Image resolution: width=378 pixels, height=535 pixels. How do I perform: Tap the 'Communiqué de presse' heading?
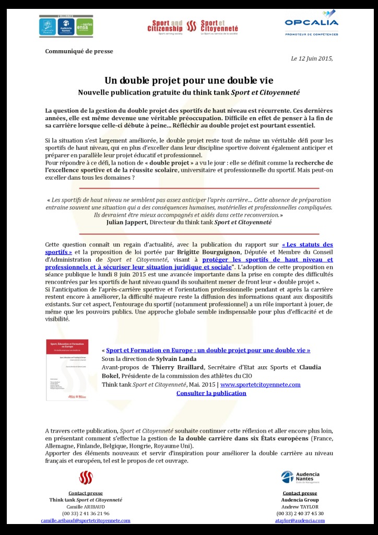click(79, 51)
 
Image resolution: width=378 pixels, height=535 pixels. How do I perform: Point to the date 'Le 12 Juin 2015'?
click(311, 58)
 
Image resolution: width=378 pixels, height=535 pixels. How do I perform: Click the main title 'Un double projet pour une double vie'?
click(188, 80)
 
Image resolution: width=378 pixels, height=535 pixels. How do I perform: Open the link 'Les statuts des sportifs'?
click(307, 245)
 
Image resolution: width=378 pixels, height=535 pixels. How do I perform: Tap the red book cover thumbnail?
click(67, 370)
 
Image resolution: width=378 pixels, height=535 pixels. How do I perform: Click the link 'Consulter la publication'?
click(211, 393)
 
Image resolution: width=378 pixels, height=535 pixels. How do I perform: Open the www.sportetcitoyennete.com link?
click(260, 385)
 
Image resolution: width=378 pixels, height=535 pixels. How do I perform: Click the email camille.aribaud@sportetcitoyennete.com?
click(86, 520)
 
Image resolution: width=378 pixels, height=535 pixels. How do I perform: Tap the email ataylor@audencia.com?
click(300, 520)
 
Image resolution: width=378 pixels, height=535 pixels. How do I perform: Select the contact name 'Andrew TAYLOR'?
click(300, 507)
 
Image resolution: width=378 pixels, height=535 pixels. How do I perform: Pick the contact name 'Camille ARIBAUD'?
click(86, 507)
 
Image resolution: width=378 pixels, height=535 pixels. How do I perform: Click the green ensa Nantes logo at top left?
click(85, 26)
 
